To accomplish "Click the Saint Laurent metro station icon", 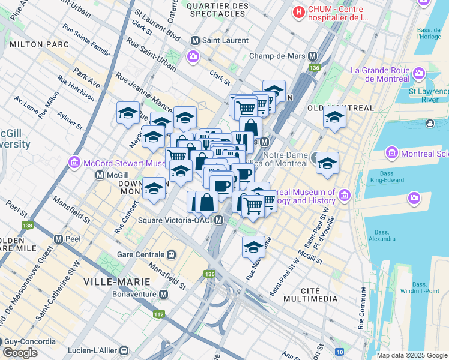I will pyautogui.click(x=195, y=40).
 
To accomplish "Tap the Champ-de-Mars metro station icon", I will pyautogui.click(x=312, y=56).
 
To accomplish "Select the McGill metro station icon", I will pyautogui.click(x=100, y=175).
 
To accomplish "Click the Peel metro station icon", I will pyautogui.click(x=59, y=238).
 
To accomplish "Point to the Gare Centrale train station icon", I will pyautogui.click(x=172, y=254).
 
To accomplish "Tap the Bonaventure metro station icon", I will pyautogui.click(x=164, y=295).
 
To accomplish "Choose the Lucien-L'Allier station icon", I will pyautogui.click(x=124, y=350).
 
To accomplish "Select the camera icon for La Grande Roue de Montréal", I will pyautogui.click(x=418, y=75).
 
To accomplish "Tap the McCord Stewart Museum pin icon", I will pyautogui.click(x=74, y=162).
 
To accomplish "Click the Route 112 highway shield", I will pyautogui.click(x=159, y=314).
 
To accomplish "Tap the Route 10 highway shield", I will pyautogui.click(x=340, y=351).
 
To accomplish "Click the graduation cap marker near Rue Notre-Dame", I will pyautogui.click(x=253, y=246).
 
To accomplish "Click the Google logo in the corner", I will pyautogui.click(x=20, y=353).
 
